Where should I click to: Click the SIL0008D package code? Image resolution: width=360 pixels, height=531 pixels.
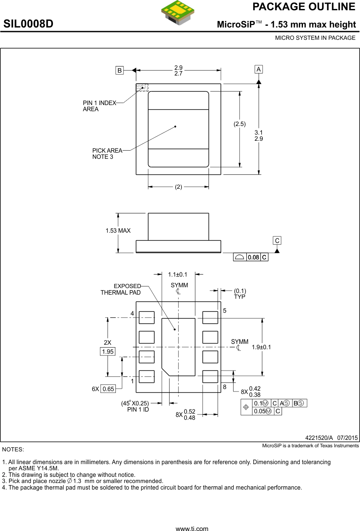[29, 24]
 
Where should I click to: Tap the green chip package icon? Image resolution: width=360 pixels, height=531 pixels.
[178, 12]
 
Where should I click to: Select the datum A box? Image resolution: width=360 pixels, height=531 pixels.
[259, 69]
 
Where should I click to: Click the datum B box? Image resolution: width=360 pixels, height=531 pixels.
[119, 70]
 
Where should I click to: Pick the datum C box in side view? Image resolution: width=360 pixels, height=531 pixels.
[277, 240]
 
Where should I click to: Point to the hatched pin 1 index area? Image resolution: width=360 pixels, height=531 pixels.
[142, 87]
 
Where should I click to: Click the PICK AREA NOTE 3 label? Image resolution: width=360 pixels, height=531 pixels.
[107, 153]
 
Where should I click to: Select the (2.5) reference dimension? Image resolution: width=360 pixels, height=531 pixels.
[240, 124]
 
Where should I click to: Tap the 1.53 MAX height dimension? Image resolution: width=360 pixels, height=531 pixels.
[118, 231]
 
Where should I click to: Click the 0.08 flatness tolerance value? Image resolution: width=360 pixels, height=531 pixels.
[253, 257]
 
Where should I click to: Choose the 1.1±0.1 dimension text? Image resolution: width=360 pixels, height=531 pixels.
[177, 275]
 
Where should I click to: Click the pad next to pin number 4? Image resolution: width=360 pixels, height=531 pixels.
[147, 318]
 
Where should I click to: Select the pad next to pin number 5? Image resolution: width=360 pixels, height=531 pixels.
[210, 318]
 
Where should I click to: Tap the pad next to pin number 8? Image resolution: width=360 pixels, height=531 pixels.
[210, 377]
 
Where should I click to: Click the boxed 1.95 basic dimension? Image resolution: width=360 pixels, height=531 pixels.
[108, 352]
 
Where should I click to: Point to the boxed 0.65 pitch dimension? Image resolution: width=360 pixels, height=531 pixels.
[108, 389]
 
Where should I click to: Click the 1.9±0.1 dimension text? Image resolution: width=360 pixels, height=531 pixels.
[261, 347]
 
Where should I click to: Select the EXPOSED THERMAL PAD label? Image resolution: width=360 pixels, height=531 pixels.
[121, 289]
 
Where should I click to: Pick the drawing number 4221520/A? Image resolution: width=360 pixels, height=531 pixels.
[319, 437]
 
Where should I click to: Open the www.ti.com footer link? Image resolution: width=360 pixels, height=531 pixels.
[192, 529]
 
